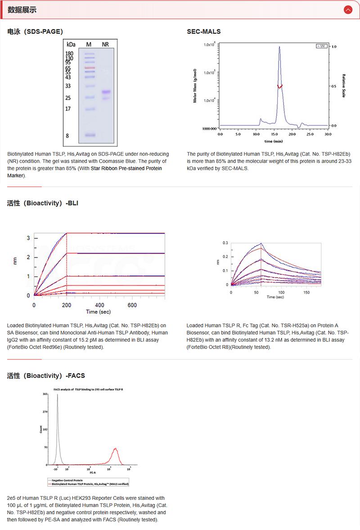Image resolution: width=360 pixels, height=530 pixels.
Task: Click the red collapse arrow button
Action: point(347,9)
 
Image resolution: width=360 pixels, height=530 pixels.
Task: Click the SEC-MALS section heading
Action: point(203,31)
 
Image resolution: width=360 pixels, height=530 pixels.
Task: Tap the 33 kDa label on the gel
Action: point(68,86)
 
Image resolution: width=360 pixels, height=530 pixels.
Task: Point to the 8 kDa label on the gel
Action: point(67,135)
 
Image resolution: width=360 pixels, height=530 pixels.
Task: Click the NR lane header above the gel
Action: point(105,44)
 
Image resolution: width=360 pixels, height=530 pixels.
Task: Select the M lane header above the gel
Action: point(89,44)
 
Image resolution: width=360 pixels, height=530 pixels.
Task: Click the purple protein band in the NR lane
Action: point(106,92)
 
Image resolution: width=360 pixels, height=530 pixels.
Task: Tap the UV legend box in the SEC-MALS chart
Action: point(321,46)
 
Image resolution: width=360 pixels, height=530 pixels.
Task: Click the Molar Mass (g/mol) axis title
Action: point(195,85)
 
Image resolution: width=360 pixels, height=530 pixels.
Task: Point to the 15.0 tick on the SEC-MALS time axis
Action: point(274,134)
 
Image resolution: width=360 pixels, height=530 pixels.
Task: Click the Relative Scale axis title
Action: point(344,85)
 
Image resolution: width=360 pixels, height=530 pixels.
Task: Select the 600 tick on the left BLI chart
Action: point(133,305)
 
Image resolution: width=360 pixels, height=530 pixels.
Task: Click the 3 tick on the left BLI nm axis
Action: point(28,238)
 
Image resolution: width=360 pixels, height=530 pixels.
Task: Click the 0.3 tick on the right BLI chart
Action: point(225,243)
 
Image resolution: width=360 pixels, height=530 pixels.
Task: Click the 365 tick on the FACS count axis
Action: point(45,394)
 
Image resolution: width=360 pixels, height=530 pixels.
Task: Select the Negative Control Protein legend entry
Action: point(66,481)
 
